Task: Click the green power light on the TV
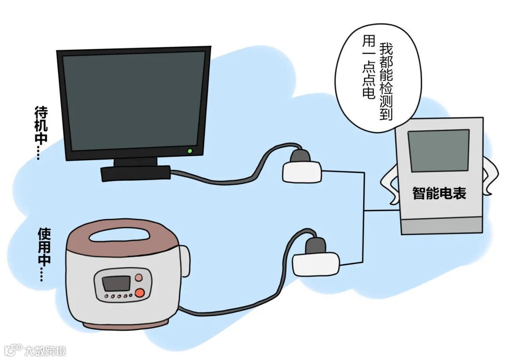pos(190,151)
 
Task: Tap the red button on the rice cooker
pos(139,293)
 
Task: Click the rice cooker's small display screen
pos(116,283)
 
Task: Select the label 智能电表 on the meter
pos(439,193)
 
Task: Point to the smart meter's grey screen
pos(438,150)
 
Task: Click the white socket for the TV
pos(302,172)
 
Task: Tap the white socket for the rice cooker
pos(316,264)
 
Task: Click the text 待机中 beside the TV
pos(40,123)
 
